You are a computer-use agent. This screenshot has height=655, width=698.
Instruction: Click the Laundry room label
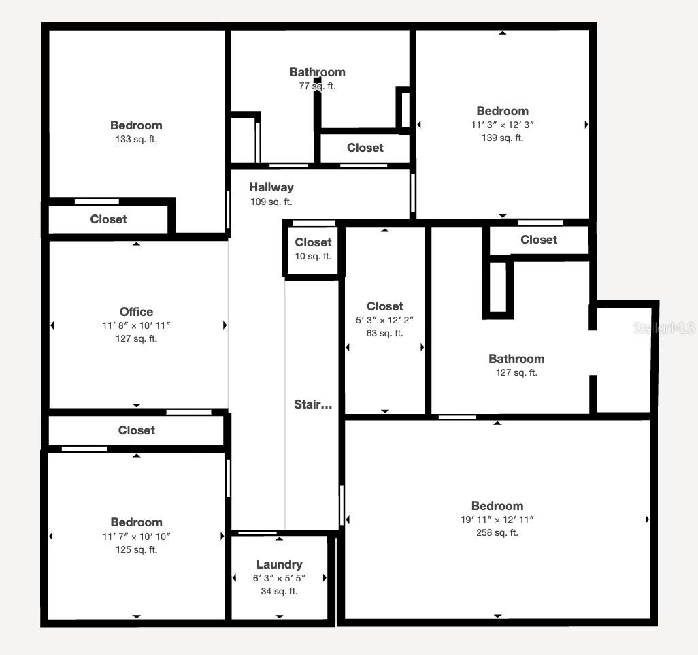[x=279, y=564]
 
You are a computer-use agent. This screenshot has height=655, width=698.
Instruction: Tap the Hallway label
[x=271, y=187]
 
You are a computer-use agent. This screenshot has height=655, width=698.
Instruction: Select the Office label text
[x=136, y=312]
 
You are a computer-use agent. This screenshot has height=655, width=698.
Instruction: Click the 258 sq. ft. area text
[x=497, y=532]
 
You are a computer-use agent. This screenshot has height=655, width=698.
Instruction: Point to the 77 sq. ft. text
[x=317, y=86]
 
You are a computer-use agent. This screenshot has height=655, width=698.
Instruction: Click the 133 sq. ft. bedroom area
[x=136, y=139]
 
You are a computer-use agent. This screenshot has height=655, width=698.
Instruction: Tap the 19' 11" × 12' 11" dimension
[x=497, y=520]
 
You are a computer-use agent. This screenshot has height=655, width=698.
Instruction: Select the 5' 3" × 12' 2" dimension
[x=384, y=320]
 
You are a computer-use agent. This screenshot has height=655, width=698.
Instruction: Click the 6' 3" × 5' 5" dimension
[x=279, y=578]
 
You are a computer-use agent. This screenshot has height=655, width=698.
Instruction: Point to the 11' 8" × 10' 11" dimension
[x=136, y=325]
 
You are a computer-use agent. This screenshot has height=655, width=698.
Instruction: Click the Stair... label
[x=313, y=404]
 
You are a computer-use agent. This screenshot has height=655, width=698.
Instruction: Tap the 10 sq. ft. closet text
[x=313, y=256]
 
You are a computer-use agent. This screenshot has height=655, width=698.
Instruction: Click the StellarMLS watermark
[x=664, y=328]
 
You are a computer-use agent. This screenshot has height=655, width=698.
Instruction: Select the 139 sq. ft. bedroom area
[x=502, y=138]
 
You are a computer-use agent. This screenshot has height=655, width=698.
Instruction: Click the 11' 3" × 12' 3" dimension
[x=502, y=125]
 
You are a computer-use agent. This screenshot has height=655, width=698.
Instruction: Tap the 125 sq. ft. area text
[x=136, y=549]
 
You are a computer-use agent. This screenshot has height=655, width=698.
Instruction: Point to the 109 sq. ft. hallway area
[x=271, y=202]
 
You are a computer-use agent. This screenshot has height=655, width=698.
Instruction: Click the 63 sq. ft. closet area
[x=384, y=333]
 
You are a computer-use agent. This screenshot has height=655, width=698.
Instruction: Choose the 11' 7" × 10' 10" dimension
[x=136, y=537]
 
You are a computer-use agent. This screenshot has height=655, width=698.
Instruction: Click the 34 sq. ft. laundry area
[x=279, y=591]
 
